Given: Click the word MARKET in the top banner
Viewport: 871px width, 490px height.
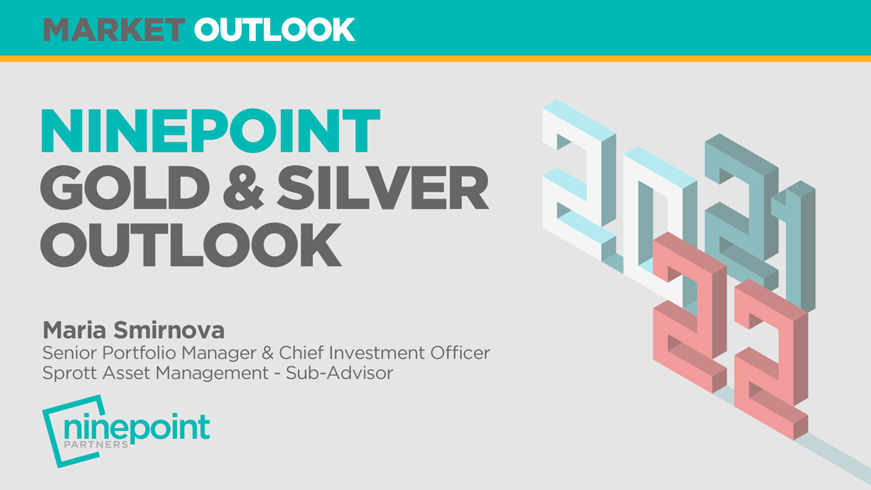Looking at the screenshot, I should click(x=114, y=29).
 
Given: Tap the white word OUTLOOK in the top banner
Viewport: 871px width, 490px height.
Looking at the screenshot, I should click(x=274, y=29).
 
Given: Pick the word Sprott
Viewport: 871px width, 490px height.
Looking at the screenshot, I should click(x=65, y=374).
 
